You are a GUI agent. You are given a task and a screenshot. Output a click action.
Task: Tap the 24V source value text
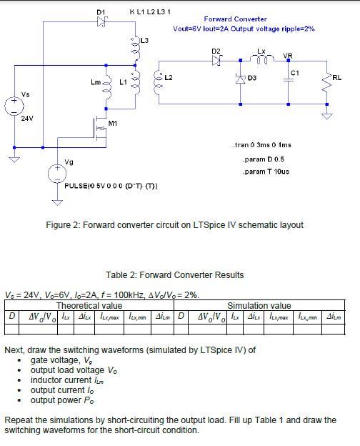click(27, 118)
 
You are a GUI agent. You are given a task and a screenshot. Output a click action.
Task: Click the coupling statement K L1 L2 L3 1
click(149, 12)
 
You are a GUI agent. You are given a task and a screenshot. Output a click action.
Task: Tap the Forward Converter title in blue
click(235, 19)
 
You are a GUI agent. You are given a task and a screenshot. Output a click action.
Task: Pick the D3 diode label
click(252, 76)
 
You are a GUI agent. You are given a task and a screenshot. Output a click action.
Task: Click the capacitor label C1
click(294, 73)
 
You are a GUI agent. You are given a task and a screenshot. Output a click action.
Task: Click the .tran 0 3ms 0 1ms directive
click(262, 145)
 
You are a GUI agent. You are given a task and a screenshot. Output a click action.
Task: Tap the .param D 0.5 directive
click(264, 159)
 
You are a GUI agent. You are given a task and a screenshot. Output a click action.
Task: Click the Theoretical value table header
click(89, 305)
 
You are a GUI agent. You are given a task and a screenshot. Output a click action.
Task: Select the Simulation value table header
click(259, 305)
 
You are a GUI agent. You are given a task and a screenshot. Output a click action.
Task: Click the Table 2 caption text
click(174, 274)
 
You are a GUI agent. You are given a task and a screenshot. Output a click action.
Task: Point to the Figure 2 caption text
click(174, 225)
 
